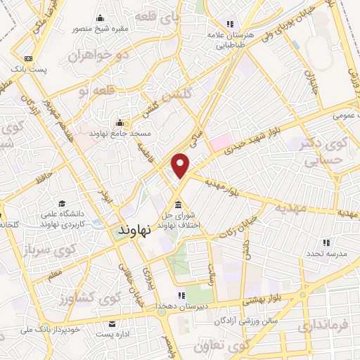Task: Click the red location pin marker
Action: click(181, 165)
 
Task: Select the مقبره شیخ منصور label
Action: click(99, 29)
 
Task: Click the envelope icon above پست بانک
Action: click(28, 58)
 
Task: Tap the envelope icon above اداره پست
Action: click(112, 324)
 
